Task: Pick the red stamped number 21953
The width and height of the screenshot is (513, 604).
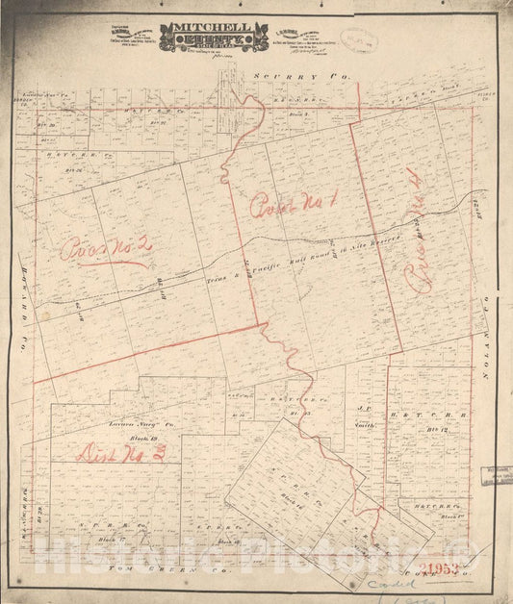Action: (x=451, y=564)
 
